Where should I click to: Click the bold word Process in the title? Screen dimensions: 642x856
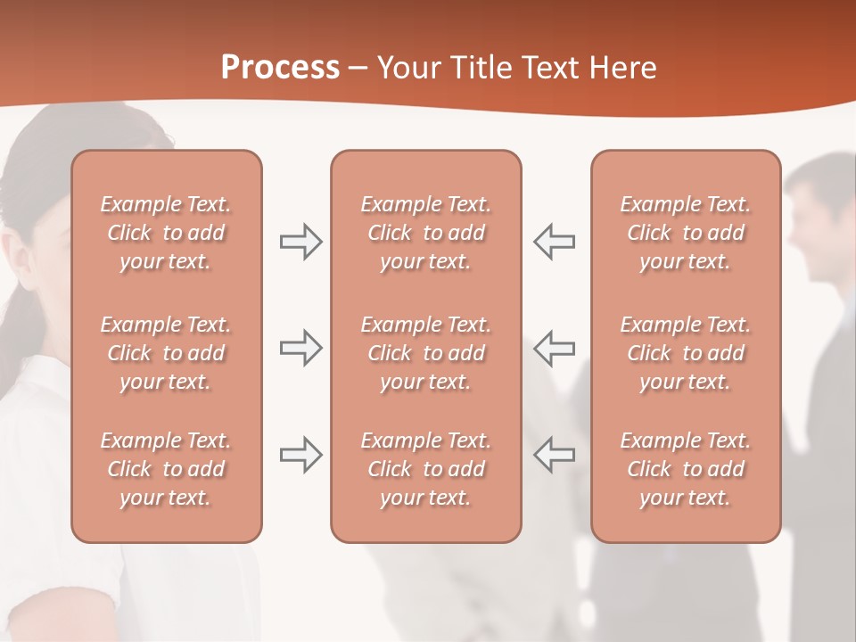[280, 68]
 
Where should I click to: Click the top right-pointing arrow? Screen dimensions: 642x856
[300, 242]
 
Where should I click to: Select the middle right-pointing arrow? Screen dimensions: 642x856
[300, 348]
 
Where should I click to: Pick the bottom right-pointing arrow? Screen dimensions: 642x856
[300, 455]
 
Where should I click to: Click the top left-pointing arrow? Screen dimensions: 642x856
[554, 242]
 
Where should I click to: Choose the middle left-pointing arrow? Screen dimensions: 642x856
[554, 348]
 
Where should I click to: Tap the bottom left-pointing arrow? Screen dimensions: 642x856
[554, 455]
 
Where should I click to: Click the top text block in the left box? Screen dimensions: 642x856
[166, 233]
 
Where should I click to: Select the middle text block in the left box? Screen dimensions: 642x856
[166, 353]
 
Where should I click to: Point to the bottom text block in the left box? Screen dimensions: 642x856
[166, 469]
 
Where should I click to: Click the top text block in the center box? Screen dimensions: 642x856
[425, 233]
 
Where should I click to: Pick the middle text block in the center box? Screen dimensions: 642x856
[425, 353]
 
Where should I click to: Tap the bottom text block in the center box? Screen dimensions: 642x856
[425, 469]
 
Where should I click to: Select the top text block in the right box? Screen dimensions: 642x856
[685, 233]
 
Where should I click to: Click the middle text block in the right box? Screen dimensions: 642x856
[685, 353]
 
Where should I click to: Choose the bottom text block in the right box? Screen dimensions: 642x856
[685, 469]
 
